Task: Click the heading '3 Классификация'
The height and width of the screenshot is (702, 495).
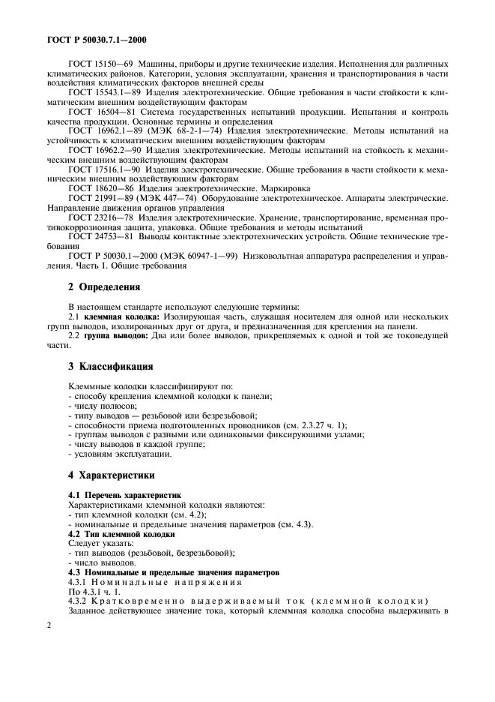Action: tap(111, 367)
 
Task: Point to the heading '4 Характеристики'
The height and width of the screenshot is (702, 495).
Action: tap(112, 475)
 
